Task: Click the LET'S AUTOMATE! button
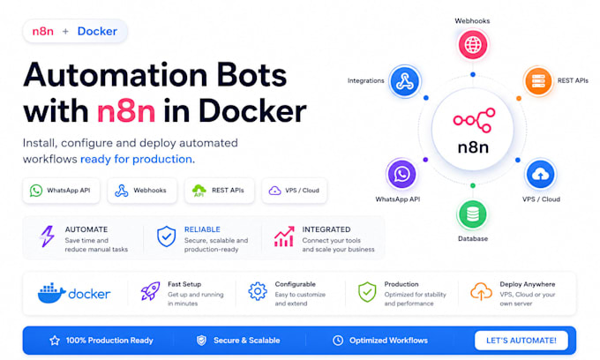click(x=521, y=340)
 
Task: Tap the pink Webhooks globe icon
click(x=473, y=45)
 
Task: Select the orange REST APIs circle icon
click(x=538, y=80)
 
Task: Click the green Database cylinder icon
click(x=473, y=214)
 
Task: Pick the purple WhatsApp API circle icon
click(x=401, y=174)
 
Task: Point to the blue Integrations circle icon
click(x=404, y=81)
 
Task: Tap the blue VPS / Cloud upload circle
click(x=540, y=175)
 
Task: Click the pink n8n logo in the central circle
click(x=474, y=120)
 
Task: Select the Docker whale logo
click(x=52, y=293)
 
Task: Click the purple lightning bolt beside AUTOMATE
click(x=48, y=236)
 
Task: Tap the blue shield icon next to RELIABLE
click(x=167, y=236)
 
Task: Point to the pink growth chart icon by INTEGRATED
click(x=284, y=236)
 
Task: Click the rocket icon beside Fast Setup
click(x=150, y=291)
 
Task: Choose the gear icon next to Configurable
click(x=258, y=291)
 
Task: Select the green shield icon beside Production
click(x=367, y=292)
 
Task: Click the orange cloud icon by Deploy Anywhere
click(x=481, y=291)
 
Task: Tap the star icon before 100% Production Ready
click(x=55, y=341)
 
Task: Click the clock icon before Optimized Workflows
click(x=338, y=340)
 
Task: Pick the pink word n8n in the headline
click(x=126, y=111)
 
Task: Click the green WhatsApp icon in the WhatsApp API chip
click(x=36, y=190)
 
